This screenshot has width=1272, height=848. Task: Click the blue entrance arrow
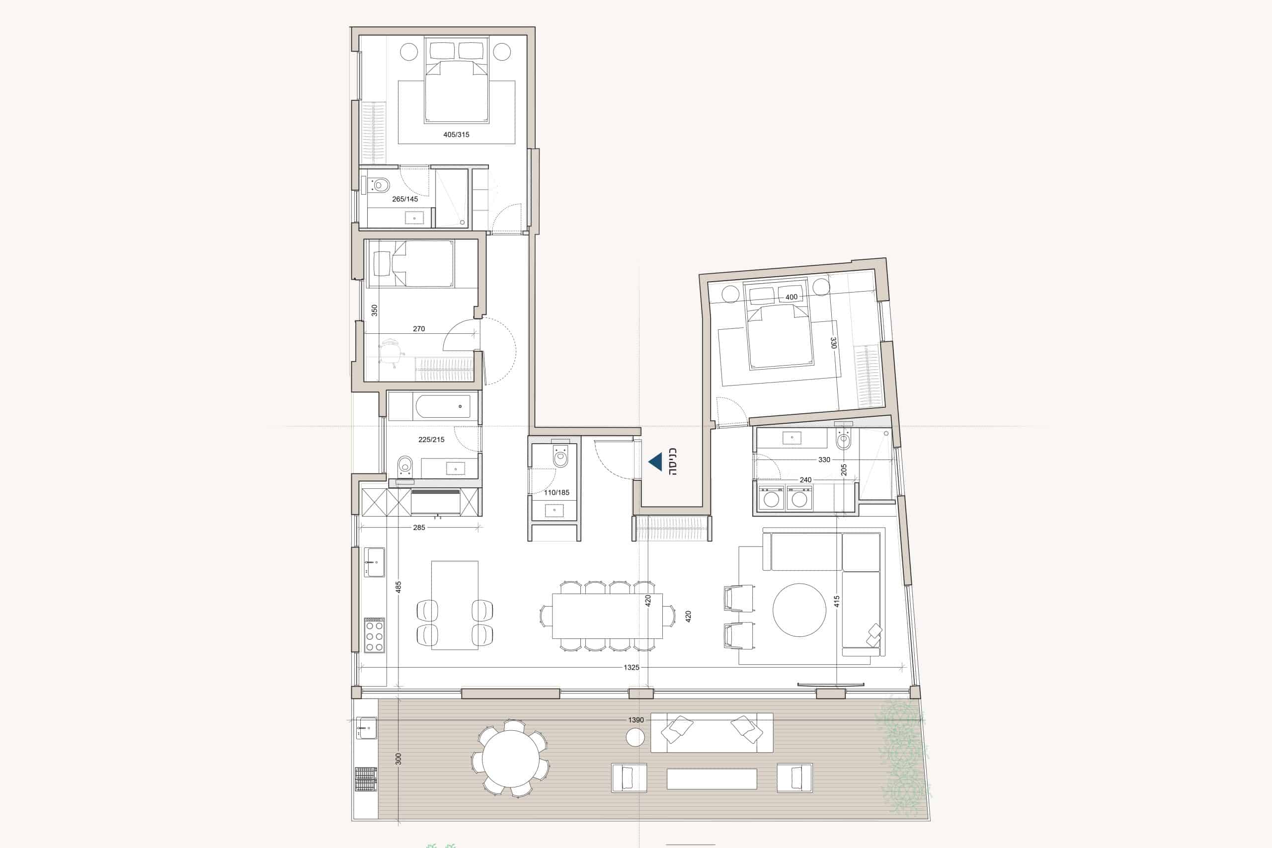coord(655,462)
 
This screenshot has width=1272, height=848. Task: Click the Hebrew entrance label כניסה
coord(673,462)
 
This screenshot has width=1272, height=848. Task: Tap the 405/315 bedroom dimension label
coord(456,135)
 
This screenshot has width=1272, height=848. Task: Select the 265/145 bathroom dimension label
coord(404,199)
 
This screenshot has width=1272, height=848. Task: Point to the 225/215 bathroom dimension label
coord(431,440)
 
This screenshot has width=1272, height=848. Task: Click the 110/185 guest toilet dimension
coord(556,493)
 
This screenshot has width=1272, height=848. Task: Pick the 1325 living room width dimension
coord(631,667)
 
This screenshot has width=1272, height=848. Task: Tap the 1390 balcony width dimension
coord(636,720)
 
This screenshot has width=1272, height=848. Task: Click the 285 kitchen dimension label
coord(419,527)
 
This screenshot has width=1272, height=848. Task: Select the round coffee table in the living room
coord(799,610)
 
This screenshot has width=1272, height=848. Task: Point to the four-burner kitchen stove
coord(374,634)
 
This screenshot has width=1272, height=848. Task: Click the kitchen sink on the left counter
coord(374,562)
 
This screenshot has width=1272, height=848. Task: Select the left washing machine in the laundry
coord(771,498)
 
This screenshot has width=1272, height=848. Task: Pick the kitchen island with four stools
coord(455,605)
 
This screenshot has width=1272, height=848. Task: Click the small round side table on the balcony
coord(635,737)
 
